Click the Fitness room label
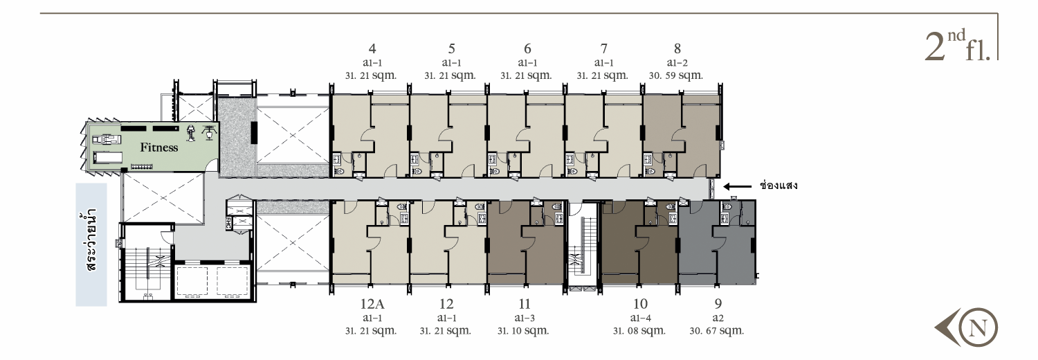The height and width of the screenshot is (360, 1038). click(159, 147)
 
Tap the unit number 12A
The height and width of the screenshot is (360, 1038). click(372, 304)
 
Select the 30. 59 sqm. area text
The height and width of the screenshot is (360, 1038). click(675, 75)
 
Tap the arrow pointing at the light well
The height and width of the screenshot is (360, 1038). click(738, 187)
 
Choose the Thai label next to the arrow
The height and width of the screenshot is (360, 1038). click(778, 186)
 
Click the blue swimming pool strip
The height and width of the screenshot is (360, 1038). click(91, 244)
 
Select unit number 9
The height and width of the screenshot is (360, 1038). click(718, 304)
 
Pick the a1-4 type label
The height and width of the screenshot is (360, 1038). click(640, 318)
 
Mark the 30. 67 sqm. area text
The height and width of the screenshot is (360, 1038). click(716, 331)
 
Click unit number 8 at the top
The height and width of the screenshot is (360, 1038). click(677, 48)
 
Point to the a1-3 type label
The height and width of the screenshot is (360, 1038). click(525, 318)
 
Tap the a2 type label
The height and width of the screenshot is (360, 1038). click(718, 318)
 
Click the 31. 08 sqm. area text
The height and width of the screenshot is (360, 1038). click(639, 331)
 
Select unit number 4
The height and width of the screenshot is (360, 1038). click(372, 48)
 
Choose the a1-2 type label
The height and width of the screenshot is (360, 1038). click(677, 63)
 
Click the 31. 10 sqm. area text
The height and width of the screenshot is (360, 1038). click(524, 331)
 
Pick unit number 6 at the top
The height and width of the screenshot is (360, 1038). click(527, 48)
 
